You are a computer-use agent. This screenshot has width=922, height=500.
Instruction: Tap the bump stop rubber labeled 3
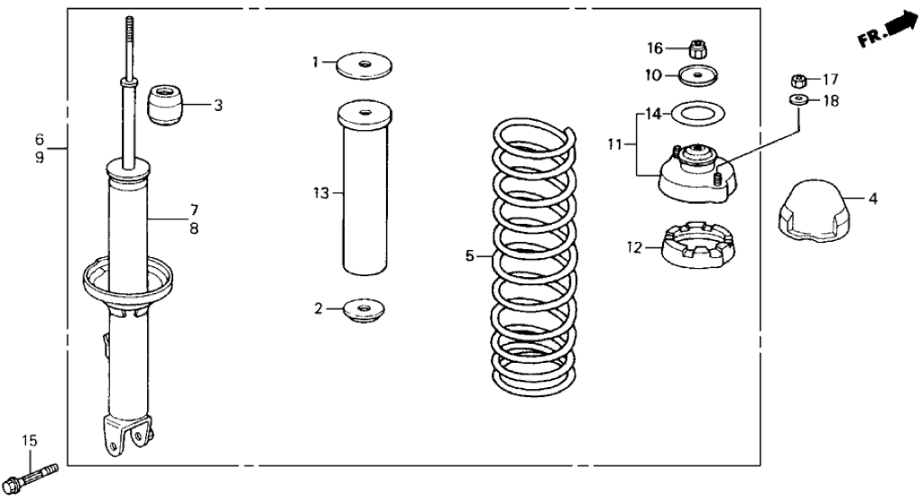point(165,105)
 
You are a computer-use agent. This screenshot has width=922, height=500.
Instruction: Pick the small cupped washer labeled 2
point(364,310)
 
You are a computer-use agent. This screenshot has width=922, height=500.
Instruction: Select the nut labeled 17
point(798,79)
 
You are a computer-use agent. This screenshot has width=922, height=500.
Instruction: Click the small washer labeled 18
point(798,99)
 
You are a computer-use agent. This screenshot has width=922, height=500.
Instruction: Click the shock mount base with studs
point(696,175)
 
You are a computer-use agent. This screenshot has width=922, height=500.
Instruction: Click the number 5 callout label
point(469,256)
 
